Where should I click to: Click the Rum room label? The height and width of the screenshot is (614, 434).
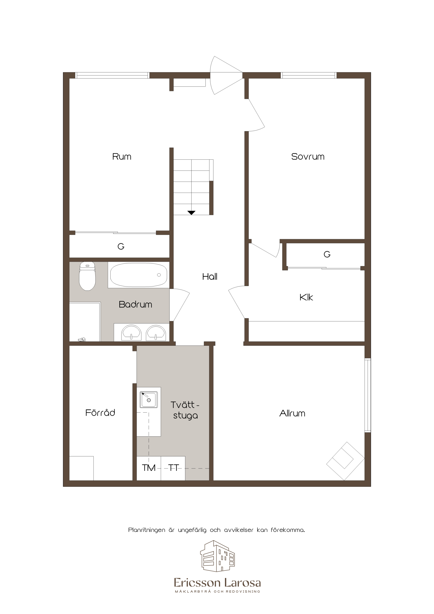[122, 156]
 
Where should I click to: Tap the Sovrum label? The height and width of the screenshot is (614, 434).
[308, 156]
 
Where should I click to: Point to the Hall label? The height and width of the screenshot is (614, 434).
[210, 276]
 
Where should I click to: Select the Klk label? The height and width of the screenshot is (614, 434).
[306, 297]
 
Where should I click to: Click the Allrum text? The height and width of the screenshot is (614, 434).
[292, 413]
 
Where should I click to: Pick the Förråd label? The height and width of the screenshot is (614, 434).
[100, 413]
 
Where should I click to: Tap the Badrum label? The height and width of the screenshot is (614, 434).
[135, 304]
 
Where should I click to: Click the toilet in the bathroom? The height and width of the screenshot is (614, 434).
[87, 276]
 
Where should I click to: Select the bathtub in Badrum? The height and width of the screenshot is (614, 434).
[139, 275]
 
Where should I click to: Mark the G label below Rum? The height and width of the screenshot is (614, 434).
[121, 246]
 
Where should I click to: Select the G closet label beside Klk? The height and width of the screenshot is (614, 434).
[327, 254]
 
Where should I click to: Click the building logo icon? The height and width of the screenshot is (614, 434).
[217, 556]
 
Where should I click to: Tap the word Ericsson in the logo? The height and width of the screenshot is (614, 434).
[197, 583]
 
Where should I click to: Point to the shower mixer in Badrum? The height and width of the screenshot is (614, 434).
[82, 340]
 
